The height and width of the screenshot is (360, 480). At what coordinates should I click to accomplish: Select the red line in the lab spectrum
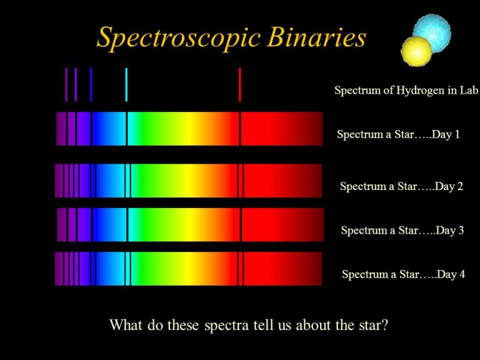point(240,84)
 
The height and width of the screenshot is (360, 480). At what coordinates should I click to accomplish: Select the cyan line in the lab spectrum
point(126,84)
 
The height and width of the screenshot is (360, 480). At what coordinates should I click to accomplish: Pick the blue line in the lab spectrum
point(91,84)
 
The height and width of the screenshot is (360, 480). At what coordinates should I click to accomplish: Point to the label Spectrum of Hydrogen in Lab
point(406,91)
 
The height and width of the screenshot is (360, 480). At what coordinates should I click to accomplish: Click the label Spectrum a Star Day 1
point(398,134)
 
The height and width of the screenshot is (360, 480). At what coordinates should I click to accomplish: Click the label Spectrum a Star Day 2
point(401,186)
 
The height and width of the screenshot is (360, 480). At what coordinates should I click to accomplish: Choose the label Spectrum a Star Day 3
point(402,231)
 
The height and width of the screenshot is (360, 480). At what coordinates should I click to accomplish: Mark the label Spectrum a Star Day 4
point(403,274)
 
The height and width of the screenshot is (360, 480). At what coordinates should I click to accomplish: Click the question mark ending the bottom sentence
point(384,326)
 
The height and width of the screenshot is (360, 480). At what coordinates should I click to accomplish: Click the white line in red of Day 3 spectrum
point(241,224)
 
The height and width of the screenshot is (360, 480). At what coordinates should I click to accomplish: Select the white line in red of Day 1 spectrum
point(239,129)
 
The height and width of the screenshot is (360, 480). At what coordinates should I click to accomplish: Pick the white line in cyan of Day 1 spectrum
point(126,129)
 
